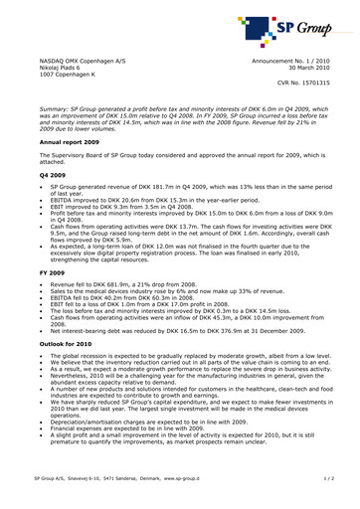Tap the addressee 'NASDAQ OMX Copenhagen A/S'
[x=76, y=61]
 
